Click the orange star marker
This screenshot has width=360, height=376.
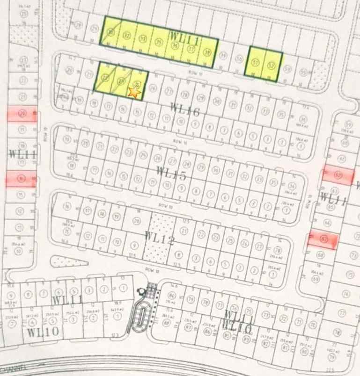pos(134,93)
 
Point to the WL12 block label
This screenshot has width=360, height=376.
pos(160,240)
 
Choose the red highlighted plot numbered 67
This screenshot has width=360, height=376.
pos(323,240)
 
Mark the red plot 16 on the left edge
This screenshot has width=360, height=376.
pos(21,179)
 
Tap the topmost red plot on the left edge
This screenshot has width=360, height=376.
pos(22,114)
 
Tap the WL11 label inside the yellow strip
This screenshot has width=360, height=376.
pos(184,37)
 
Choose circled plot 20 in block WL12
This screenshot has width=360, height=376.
pos(137,221)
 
